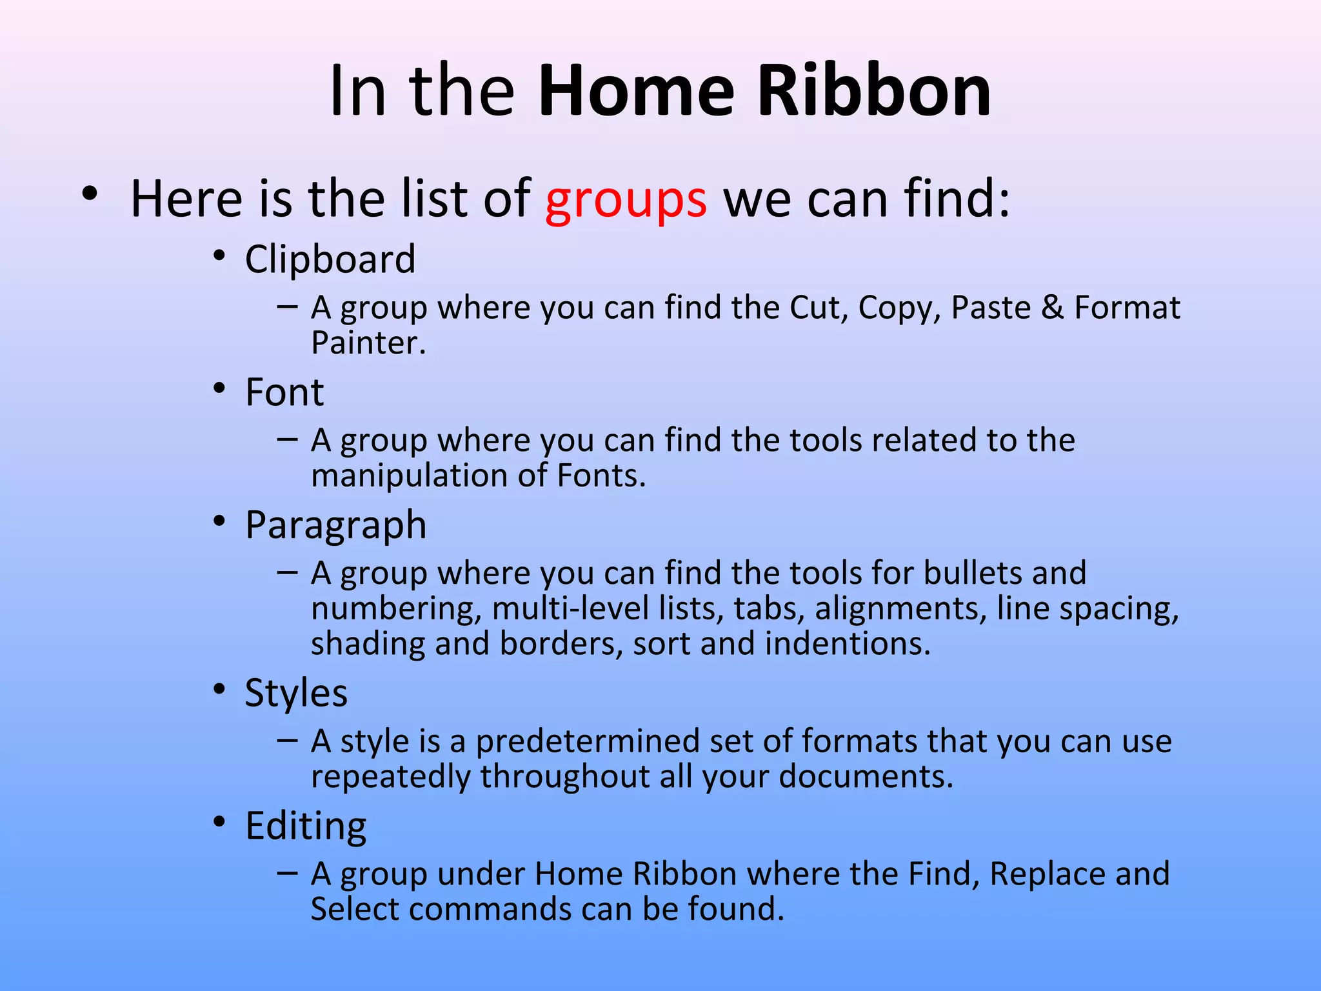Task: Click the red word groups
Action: pos(626,200)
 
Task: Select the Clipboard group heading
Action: pos(330,259)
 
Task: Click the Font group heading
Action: pos(284,392)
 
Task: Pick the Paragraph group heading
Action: pos(335,525)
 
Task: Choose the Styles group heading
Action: pos(296,693)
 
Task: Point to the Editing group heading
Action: pos(306,826)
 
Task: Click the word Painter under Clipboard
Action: pos(368,343)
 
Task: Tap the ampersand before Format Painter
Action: pos(1052,308)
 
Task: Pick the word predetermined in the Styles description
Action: pos(587,742)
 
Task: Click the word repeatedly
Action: pos(391,777)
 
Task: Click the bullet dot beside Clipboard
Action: pos(220,256)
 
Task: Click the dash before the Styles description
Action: pos(287,741)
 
